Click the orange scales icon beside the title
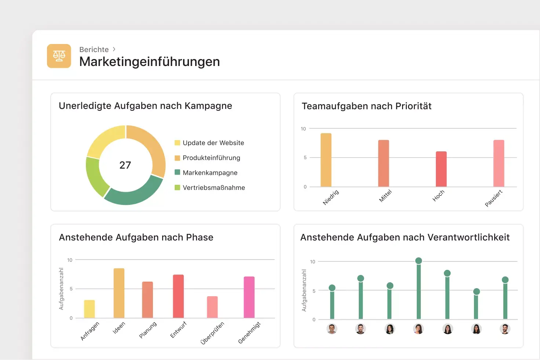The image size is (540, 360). [x=59, y=56]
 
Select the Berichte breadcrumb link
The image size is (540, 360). [x=94, y=49]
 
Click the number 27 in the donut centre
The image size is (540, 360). [x=125, y=165]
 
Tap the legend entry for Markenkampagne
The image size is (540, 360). [x=210, y=173]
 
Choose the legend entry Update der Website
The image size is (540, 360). [x=213, y=143]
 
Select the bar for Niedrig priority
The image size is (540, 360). [x=326, y=160]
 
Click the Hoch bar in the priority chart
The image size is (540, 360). [x=441, y=169]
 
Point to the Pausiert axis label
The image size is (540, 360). [x=493, y=198]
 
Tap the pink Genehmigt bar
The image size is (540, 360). [x=249, y=297]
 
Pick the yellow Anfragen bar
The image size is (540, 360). [x=89, y=309]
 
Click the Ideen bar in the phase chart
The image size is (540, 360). [x=119, y=293]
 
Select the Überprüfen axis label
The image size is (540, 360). [x=212, y=333]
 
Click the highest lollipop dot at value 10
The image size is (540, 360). [x=419, y=261]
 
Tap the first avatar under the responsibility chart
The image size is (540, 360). [x=332, y=329]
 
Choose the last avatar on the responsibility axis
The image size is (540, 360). [x=505, y=329]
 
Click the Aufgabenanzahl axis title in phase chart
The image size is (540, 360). [x=61, y=289]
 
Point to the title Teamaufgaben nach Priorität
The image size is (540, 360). [x=366, y=106]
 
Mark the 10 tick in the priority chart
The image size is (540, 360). [x=303, y=129]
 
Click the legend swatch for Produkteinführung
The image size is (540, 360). [x=177, y=158]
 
